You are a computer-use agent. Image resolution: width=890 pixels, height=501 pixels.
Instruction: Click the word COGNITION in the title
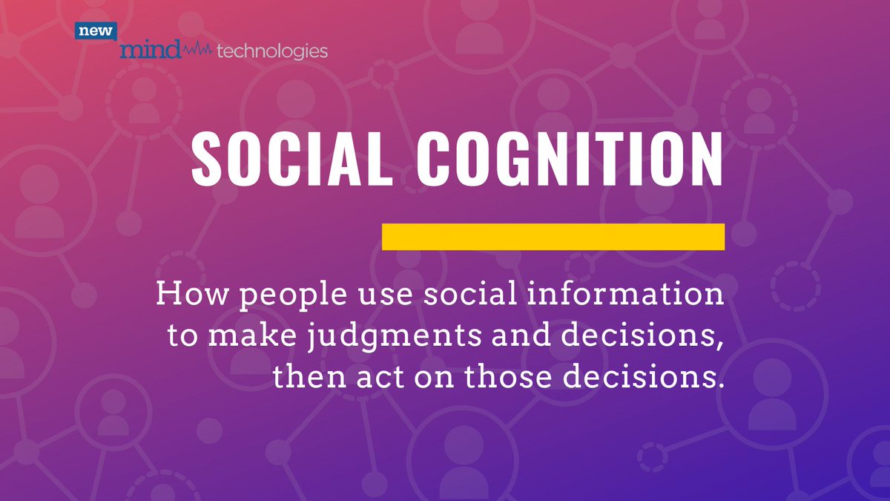pyautogui.click(x=568, y=160)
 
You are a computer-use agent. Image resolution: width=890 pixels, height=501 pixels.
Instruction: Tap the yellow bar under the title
pyautogui.click(x=553, y=236)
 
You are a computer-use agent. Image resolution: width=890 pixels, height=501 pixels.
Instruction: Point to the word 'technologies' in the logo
pyautogui.click(x=271, y=51)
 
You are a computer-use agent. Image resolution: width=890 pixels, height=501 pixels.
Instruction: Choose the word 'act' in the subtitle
pyautogui.click(x=375, y=379)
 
